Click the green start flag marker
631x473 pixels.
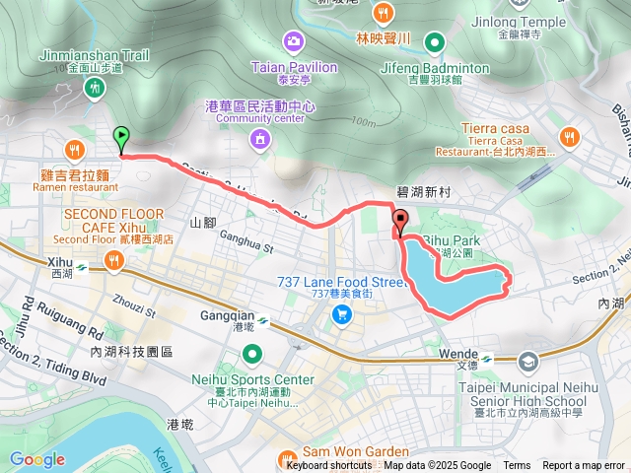[121, 138]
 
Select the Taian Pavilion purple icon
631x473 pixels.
[293, 41]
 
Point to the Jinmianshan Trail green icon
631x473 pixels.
[96, 89]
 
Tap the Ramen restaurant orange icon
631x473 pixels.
[75, 150]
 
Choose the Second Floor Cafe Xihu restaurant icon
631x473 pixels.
[115, 260]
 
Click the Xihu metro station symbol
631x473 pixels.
[81, 265]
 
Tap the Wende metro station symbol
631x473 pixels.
[485, 356]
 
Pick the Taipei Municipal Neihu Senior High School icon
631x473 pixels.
[529, 362]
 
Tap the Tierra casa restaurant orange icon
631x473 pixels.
[569, 136]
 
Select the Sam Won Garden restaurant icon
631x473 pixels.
[287, 457]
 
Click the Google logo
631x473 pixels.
[36, 459]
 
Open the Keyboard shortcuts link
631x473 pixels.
[330, 466]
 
